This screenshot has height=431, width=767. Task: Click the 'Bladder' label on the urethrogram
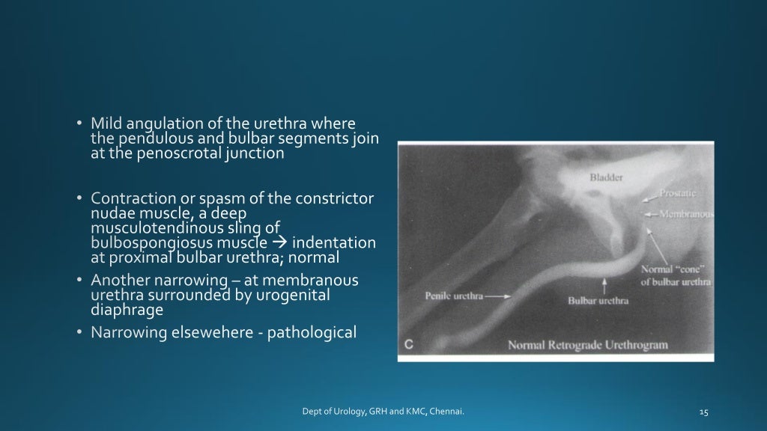click(x=606, y=178)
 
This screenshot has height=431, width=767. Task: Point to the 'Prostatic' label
click(x=682, y=193)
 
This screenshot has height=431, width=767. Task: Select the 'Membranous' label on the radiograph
click(x=686, y=214)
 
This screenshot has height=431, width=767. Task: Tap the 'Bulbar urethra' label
click(x=598, y=301)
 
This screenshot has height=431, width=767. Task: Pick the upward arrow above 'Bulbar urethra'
click(x=604, y=285)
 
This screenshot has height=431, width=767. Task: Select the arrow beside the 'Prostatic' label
click(x=650, y=197)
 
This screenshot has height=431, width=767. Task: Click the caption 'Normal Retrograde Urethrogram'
click(x=587, y=345)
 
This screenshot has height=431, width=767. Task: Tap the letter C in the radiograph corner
click(x=409, y=344)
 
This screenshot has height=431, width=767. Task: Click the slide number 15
click(x=703, y=412)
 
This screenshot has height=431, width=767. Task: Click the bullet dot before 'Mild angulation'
click(x=79, y=123)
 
